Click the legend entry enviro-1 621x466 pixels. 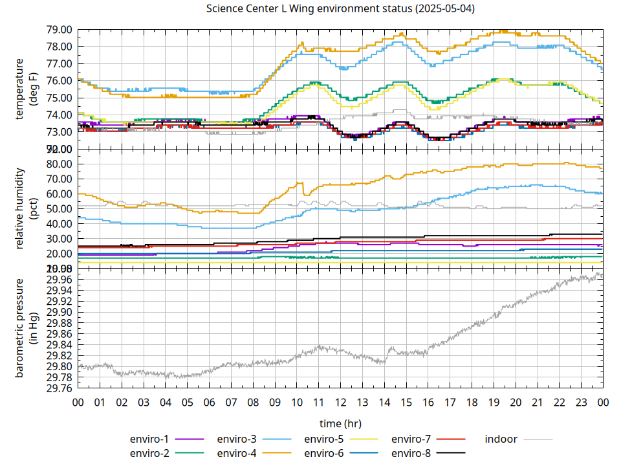click(150, 439)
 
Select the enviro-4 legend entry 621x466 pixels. click(237, 453)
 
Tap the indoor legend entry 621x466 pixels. click(501, 439)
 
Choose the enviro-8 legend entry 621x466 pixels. click(412, 453)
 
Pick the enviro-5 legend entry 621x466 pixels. click(325, 439)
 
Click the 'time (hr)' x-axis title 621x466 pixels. click(340, 423)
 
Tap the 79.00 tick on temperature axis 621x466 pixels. click(59, 30)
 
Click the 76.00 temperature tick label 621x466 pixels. click(59, 81)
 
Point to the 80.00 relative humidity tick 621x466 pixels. click(59, 164)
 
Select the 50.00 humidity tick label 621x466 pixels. click(59, 208)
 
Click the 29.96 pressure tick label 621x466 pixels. click(59, 280)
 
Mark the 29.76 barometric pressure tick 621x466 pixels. click(59, 388)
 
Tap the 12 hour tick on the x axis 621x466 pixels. click(340, 402)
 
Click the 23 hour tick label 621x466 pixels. click(581, 402)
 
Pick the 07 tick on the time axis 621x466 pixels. click(231, 402)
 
